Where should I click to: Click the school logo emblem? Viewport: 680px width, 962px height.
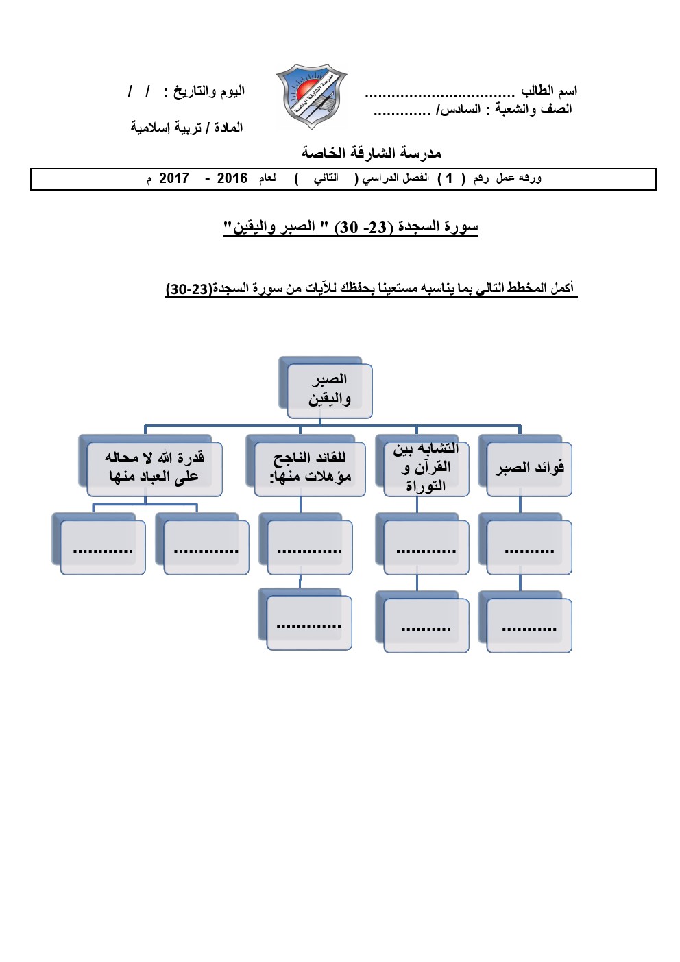311,97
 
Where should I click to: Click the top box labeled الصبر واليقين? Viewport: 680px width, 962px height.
329,389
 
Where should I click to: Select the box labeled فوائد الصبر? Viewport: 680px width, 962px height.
529,468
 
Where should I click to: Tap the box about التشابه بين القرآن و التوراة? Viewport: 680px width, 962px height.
426,468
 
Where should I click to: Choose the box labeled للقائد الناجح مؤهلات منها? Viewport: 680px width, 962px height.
309,468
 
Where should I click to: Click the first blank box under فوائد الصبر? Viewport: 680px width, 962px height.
529,547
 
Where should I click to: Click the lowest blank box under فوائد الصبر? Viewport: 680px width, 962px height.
529,625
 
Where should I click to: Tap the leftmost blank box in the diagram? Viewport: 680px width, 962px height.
103,547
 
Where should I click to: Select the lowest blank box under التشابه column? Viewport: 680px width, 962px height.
426,625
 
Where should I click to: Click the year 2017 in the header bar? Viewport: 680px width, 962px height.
174,179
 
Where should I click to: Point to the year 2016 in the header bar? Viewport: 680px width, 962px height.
232,179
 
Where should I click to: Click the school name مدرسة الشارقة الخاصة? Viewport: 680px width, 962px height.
371,153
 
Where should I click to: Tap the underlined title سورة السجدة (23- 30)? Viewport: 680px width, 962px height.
350,227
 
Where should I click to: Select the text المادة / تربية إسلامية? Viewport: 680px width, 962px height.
186,128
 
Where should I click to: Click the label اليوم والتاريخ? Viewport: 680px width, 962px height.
208,91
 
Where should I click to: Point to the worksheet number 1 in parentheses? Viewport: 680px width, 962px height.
449,179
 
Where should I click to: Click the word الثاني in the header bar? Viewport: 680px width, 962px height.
326,178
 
